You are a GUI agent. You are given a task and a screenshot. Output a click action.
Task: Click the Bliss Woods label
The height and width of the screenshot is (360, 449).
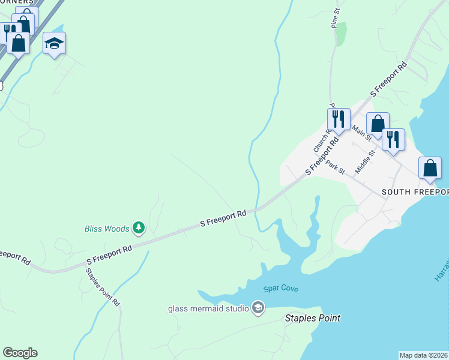tap(106, 229)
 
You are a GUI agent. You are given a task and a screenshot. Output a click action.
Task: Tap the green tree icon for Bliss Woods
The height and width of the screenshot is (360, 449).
tap(139, 227)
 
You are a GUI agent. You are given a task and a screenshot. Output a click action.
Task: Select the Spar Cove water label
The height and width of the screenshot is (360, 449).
tap(280, 289)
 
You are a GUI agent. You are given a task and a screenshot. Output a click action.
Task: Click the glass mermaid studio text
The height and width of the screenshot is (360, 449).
tap(208, 309)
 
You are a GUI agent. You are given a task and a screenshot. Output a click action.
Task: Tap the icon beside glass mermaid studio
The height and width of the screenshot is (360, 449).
tap(258, 308)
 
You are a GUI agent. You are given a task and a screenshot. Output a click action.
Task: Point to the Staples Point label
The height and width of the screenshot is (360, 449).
tap(312, 319)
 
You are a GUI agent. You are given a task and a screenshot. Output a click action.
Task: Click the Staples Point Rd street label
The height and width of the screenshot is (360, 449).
tap(103, 287)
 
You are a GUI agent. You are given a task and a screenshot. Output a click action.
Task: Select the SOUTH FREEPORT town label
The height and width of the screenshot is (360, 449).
tap(415, 192)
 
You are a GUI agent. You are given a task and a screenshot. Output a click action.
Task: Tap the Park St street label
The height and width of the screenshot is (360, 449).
tap(336, 167)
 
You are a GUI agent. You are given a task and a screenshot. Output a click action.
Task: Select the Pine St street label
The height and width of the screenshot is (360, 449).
tap(335, 18)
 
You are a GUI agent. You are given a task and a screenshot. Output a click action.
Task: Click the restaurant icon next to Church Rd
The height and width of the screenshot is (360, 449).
tap(339, 119)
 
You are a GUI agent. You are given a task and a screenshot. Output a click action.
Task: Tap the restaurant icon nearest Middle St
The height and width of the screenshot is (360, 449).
tap(393, 140)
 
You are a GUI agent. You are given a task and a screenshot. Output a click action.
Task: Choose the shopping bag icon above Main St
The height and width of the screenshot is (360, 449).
tap(378, 124)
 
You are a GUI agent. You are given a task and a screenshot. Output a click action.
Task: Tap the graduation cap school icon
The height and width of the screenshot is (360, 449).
tap(54, 43)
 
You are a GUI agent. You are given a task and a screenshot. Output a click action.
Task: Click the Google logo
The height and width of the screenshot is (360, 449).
tap(20, 353)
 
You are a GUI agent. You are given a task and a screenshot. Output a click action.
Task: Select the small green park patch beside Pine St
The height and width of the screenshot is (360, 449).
tap(341, 34)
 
